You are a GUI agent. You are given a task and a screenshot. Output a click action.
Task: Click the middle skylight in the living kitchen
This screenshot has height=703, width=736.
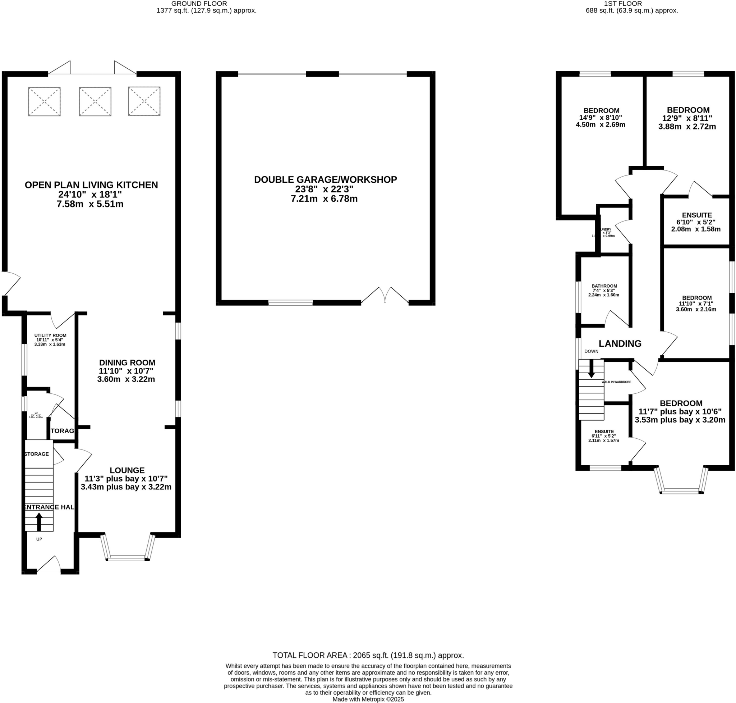[x=95, y=101]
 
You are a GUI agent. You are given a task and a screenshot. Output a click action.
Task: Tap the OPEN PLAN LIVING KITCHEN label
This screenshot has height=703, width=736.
[x=91, y=185]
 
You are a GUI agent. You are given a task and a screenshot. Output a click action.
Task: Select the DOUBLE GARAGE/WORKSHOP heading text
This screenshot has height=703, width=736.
[x=325, y=179]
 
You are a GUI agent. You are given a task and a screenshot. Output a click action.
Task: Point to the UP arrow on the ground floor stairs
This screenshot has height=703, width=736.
[x=39, y=521]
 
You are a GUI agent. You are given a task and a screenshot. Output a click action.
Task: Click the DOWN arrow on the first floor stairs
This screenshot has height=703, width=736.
[x=591, y=369]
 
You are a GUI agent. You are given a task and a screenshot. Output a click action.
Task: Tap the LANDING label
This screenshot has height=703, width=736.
[x=620, y=343]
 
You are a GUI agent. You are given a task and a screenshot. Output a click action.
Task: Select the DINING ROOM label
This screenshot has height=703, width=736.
[x=127, y=362]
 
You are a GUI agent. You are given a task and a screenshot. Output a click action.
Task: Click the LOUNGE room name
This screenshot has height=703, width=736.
[x=127, y=470]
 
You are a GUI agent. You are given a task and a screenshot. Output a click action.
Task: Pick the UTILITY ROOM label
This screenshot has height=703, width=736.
[x=50, y=335]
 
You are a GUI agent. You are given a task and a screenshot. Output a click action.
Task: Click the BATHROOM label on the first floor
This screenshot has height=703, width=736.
[x=604, y=286]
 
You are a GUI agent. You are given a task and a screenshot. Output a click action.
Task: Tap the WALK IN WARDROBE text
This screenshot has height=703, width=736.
[x=616, y=382]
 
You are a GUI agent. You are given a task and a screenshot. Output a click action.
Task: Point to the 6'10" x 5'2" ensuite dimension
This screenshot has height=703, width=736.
[x=696, y=222]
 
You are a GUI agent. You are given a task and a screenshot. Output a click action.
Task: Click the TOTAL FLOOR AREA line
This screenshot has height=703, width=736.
[x=368, y=656]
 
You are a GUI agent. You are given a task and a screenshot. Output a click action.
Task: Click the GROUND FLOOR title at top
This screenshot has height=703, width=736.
[x=199, y=4]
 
